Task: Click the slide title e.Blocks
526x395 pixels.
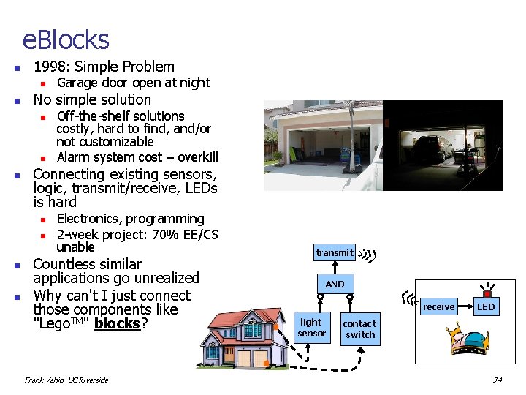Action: pyautogui.click(x=66, y=39)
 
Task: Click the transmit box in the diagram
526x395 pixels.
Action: pyautogui.click(x=335, y=252)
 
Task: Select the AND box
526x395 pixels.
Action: pyautogui.click(x=335, y=284)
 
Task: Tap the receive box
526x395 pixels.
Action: pyautogui.click(x=438, y=307)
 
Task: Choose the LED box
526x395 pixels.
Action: pyautogui.click(x=486, y=307)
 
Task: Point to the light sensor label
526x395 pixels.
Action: pyautogui.click(x=311, y=328)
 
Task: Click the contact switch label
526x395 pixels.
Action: pyautogui.click(x=359, y=329)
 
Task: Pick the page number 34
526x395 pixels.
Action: pyautogui.click(x=498, y=380)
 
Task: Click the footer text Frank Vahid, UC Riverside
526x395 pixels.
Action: pyautogui.click(x=66, y=380)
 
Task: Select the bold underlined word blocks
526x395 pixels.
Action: pyautogui.click(x=116, y=323)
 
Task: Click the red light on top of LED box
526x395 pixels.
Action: pyautogui.click(x=486, y=294)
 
